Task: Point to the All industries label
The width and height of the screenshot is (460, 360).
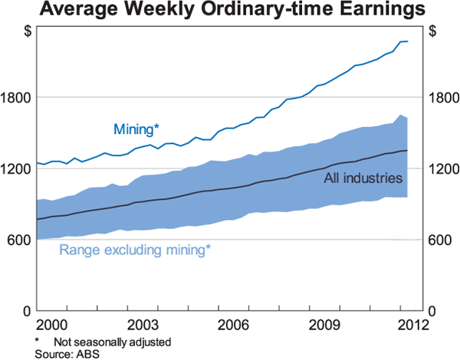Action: pyautogui.click(x=363, y=178)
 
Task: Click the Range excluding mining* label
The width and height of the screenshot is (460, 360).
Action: pyautogui.click(x=135, y=250)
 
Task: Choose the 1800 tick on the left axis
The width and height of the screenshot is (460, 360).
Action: pyautogui.click(x=15, y=97)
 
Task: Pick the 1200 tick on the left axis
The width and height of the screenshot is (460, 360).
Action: pyautogui.click(x=15, y=169)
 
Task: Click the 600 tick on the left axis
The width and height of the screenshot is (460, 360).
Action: pyautogui.click(x=18, y=239)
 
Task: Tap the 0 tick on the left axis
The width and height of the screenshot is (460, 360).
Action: pyautogui.click(x=25, y=310)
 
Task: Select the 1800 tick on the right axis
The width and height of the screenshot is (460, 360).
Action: pyautogui.click(x=443, y=97)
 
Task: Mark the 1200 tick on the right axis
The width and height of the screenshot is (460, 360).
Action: pyautogui.click(x=443, y=169)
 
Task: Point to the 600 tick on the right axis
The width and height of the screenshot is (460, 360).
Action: pyautogui.click(x=440, y=239)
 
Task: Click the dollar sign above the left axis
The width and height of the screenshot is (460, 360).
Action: pyautogui.click(x=28, y=32)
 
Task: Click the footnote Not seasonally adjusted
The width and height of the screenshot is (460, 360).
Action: pyautogui.click(x=112, y=341)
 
